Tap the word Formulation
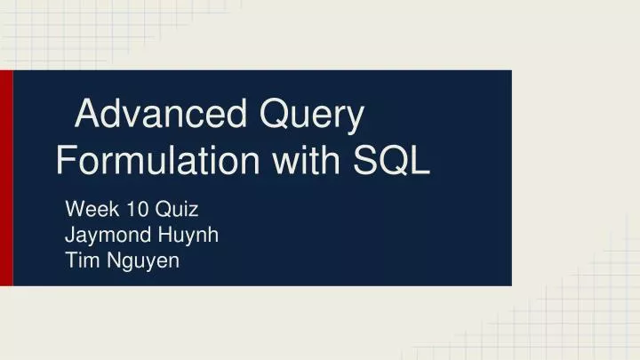tap(157, 163)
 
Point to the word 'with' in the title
tap(307, 162)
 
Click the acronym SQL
tap(393, 162)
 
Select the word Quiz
tap(177, 212)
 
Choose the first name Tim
tap(81, 260)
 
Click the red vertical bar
tap(6, 178)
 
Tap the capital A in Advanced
tap(87, 116)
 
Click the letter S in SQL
tap(368, 162)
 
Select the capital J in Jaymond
tap(71, 236)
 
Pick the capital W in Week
tap(76, 211)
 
